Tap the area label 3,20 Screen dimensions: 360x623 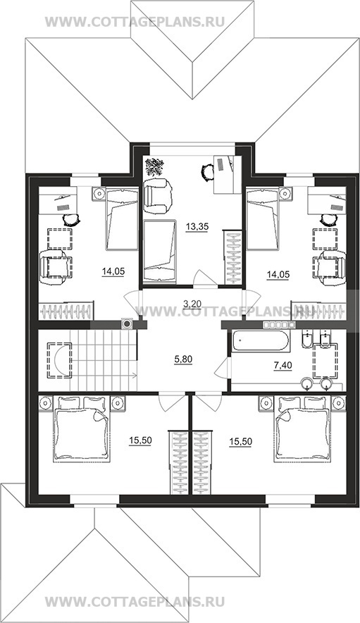[192, 304]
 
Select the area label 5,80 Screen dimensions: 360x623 [183, 359]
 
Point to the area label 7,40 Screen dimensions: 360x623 [283, 365]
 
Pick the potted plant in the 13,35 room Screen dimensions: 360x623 [154, 167]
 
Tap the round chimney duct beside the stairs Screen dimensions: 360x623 [127, 324]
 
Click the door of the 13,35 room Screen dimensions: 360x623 [204, 278]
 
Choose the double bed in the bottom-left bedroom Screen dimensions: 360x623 [82, 429]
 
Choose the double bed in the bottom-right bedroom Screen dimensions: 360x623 [302, 429]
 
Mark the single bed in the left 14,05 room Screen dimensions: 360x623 [121, 220]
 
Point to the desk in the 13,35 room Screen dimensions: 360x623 [228, 175]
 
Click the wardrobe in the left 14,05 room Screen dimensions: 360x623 [67, 310]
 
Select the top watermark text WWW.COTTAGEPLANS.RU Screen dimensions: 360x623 [135, 21]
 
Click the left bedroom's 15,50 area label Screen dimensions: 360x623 [140, 440]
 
